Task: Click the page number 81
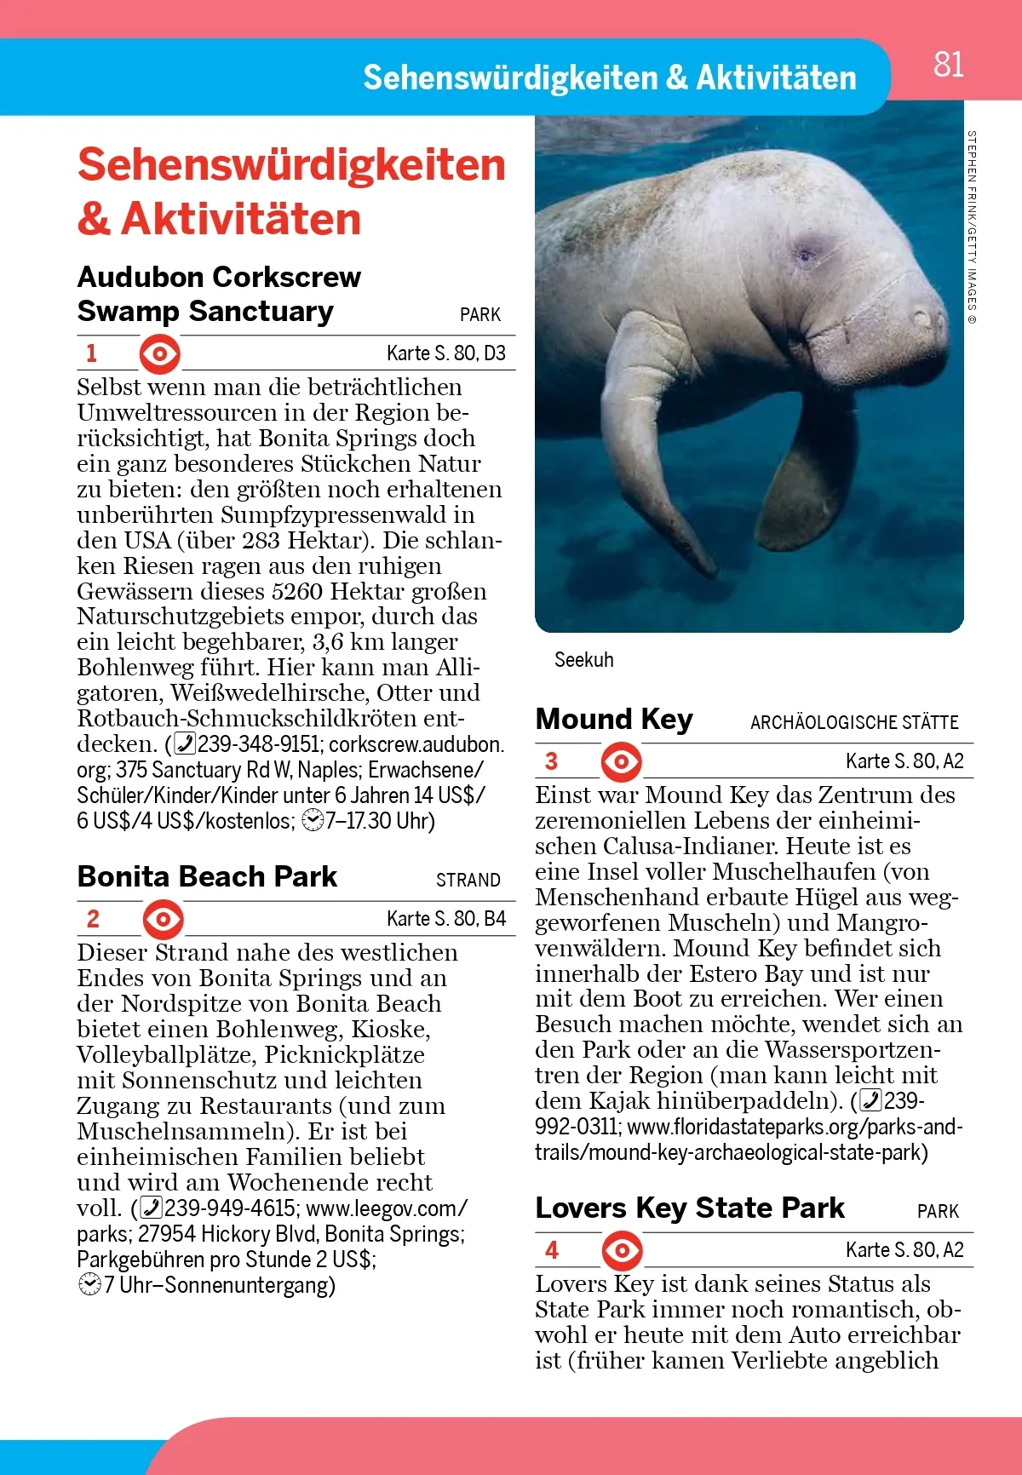coord(948,65)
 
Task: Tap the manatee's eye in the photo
coord(805,253)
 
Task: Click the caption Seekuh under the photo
coord(583,660)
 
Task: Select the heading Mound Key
coord(614,720)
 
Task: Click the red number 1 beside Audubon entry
coord(92,353)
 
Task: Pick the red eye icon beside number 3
coord(622,761)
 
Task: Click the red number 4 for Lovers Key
coord(552,1250)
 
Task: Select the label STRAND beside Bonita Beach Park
coord(468,881)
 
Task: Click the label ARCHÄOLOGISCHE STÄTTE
coord(854,723)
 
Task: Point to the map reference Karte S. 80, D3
coord(445,353)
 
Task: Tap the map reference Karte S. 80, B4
coord(445,919)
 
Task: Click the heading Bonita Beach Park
coord(207,877)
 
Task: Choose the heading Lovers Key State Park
coord(690,1208)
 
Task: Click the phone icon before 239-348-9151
coord(185,744)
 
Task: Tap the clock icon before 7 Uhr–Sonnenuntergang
coord(89,1285)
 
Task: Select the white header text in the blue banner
coord(610,78)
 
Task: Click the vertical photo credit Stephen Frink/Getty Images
coord(972,227)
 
